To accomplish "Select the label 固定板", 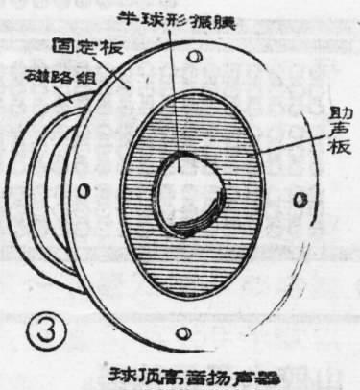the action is [82, 43].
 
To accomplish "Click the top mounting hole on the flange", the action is [196, 61].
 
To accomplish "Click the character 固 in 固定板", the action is [60, 43].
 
